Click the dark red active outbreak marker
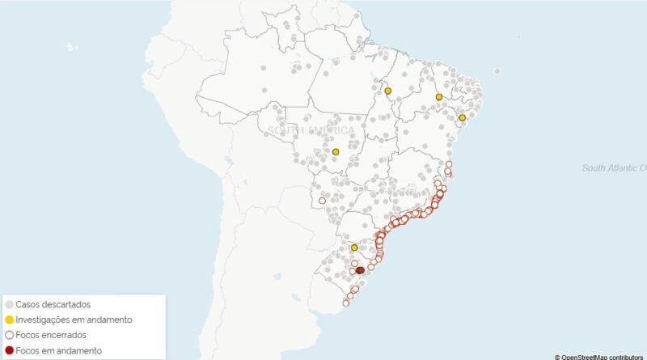[360, 271]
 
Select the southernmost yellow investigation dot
[354, 247]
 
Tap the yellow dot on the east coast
[463, 118]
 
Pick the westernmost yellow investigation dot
[336, 151]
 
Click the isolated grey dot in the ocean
[497, 71]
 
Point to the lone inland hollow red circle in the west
[322, 201]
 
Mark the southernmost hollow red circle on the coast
[346, 303]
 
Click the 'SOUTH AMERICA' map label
[311, 130]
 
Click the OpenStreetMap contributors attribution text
[598, 356]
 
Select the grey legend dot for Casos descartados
[9, 304]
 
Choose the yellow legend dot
[9, 320]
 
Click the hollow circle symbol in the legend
[9, 335]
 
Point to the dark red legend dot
[9, 350]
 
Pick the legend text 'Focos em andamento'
[59, 350]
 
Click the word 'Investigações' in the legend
[48, 320]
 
